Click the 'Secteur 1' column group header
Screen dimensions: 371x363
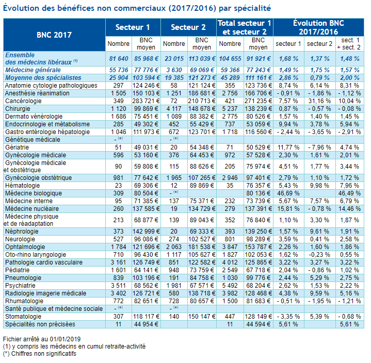coord(133,27)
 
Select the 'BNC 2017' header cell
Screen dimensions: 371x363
coord(54,35)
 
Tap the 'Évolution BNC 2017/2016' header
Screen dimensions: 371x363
coord(318,27)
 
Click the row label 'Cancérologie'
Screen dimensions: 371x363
coord(23,101)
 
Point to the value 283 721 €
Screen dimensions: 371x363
coord(146,101)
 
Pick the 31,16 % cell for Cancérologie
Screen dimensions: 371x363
coord(319,101)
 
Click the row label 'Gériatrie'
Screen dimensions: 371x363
coord(17,147)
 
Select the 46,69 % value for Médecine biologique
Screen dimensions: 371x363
coord(288,193)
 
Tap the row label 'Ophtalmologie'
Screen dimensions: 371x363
coord(25,247)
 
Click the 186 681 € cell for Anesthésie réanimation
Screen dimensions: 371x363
coord(202,93)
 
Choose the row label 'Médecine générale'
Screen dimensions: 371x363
coord(33,70)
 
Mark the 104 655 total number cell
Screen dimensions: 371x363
coord(230,59)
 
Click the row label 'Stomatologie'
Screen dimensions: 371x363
coord(23,317)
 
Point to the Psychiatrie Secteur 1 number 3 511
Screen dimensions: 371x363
coord(118,286)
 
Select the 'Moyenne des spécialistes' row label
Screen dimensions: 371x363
coord(43,78)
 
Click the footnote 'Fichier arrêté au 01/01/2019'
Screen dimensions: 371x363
coord(42,339)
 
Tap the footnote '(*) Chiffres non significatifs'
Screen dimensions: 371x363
coord(40,354)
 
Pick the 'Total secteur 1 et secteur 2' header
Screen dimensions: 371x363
coord(245,27)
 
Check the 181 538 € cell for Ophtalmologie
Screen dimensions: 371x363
coord(202,247)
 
